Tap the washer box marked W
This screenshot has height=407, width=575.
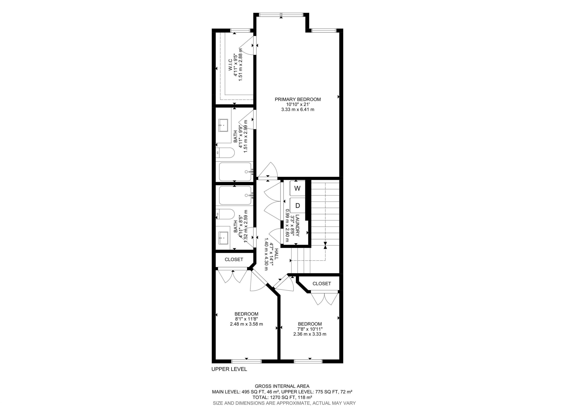coord(297,188)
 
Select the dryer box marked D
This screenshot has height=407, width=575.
coord(297,206)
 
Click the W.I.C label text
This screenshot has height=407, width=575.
coord(230,66)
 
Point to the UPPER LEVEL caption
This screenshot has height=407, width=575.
coord(229,369)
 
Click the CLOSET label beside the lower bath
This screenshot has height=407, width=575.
coord(234,259)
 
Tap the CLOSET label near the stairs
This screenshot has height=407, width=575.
coord(322,283)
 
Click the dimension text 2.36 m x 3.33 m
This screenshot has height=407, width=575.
coord(310,334)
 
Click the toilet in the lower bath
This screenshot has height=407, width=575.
coord(225,214)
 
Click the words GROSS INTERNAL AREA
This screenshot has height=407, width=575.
coord(282,386)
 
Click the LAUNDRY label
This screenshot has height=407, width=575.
coord(297,225)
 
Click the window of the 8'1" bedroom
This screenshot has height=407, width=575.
coord(246,361)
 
